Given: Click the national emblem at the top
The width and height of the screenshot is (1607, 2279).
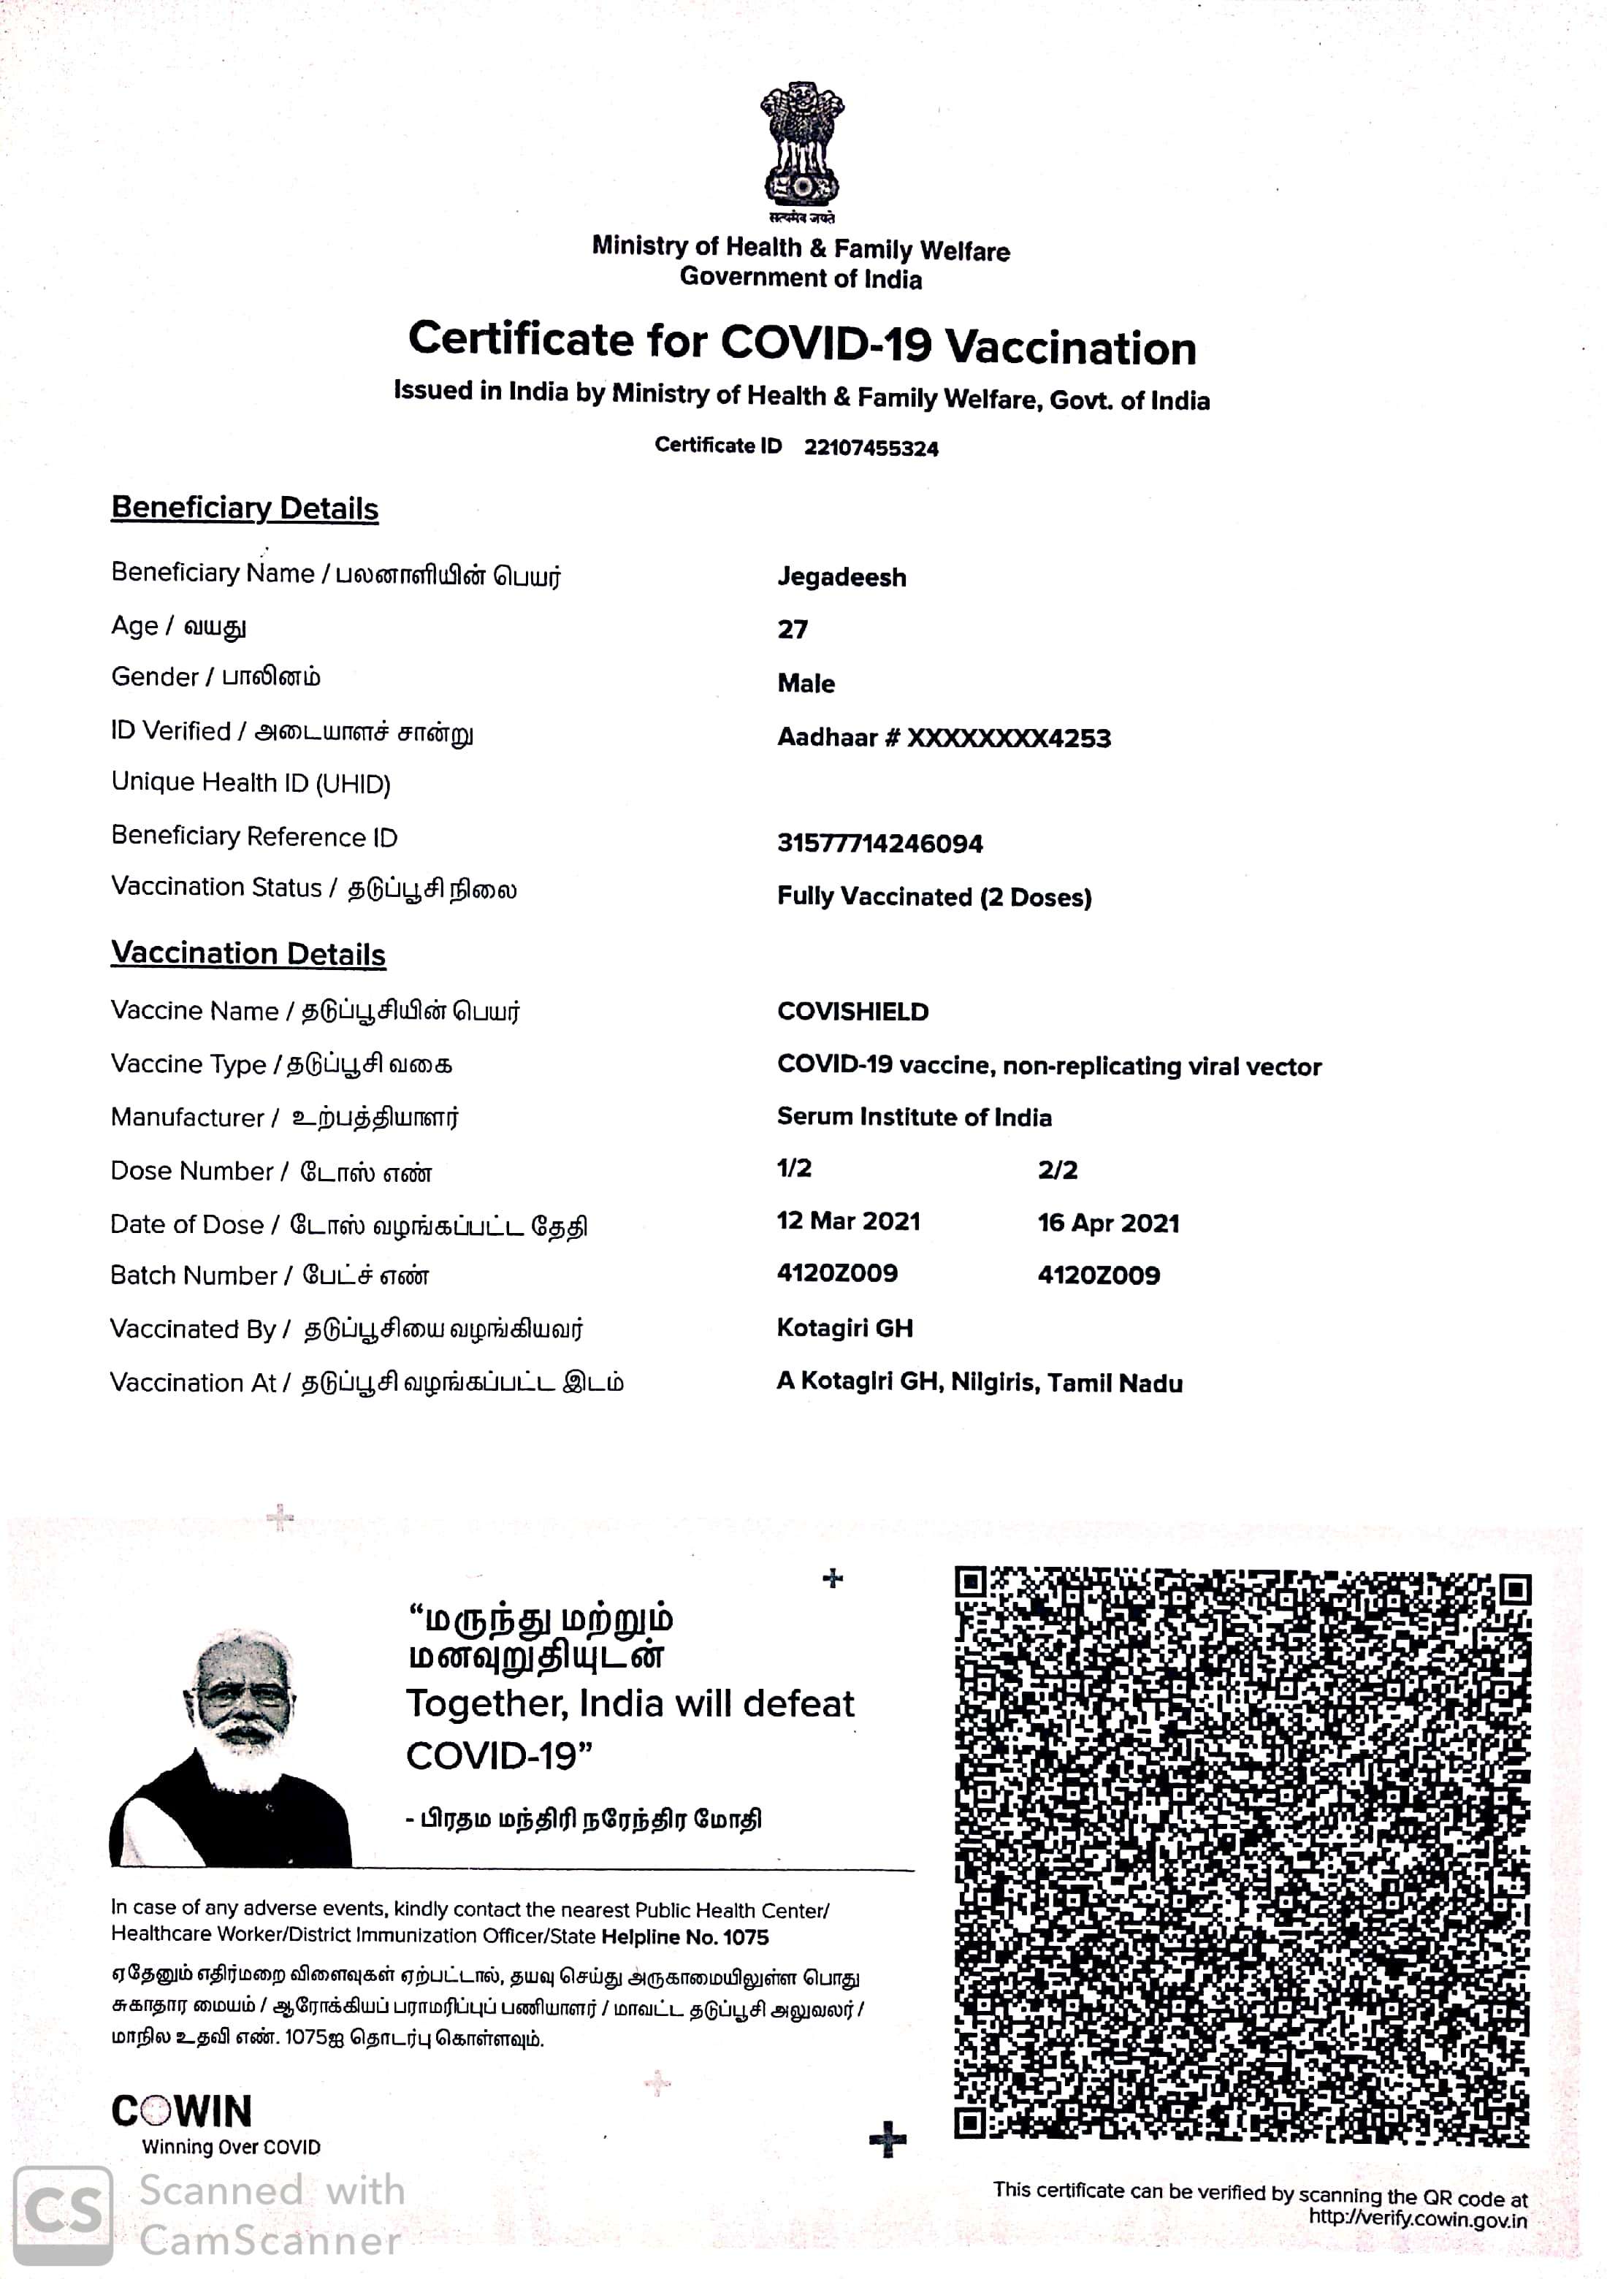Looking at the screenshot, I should point(802,146).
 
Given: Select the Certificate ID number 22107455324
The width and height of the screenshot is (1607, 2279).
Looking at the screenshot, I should point(871,448).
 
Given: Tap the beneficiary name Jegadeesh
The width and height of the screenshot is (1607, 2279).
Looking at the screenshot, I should point(841,578).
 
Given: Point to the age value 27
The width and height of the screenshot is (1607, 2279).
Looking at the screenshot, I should point(792,630).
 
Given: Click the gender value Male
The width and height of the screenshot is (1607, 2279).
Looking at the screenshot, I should point(806,684).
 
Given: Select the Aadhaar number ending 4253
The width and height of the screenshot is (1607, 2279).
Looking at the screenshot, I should point(944,738).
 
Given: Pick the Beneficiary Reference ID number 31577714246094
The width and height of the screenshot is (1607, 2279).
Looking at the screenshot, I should point(879,844).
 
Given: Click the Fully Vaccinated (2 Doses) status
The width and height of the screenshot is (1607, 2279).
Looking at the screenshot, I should point(934,897).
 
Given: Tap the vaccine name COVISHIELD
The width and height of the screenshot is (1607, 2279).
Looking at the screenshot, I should point(852,1012).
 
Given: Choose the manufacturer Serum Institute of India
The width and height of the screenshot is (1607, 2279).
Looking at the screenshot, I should point(915,1118).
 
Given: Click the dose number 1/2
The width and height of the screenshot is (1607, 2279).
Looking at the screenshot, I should point(794,1168).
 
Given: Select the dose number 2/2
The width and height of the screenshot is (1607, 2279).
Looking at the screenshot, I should point(1057,1170).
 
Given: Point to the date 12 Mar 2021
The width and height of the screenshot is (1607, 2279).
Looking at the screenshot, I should point(849,1222).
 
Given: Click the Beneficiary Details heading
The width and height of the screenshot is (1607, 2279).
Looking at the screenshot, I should point(245,508).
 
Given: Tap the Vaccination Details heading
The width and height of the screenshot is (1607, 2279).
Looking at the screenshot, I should point(248,954).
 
